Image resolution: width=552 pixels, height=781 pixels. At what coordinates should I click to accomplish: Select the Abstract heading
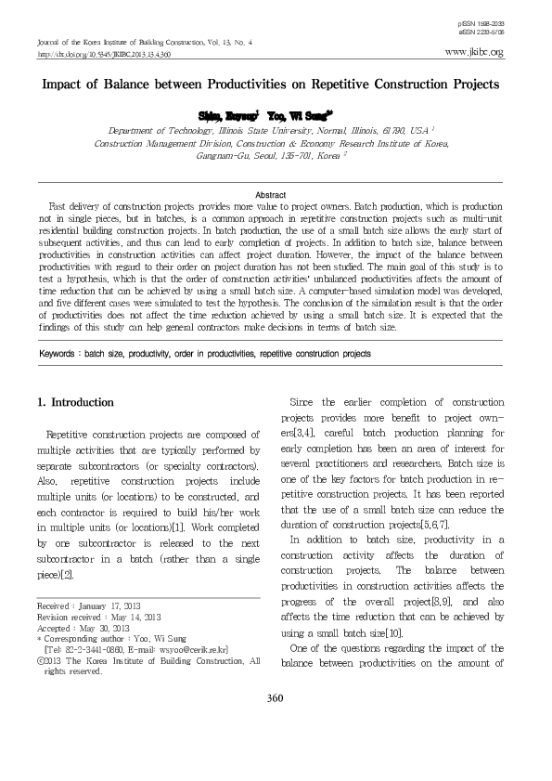pos(276,192)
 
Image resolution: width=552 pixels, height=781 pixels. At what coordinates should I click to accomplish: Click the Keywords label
pos(61,354)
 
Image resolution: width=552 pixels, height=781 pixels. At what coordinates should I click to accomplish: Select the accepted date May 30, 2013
pos(109,628)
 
